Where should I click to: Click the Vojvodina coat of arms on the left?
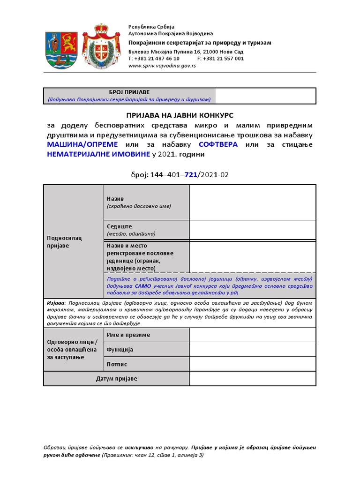(x=59, y=49)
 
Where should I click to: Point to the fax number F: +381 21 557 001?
(x=220, y=59)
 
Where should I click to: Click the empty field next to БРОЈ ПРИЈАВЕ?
(x=265, y=96)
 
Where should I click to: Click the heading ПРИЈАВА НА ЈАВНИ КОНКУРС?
(x=180, y=115)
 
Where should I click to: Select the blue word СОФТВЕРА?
(x=218, y=144)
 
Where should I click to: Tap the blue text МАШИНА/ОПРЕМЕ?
(x=82, y=144)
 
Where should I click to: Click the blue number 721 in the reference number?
(x=190, y=174)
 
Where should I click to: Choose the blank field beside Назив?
(x=252, y=202)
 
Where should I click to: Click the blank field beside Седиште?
(x=252, y=230)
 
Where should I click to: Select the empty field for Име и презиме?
(x=252, y=335)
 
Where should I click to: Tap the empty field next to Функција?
(x=252, y=349)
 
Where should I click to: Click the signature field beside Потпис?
(x=252, y=364)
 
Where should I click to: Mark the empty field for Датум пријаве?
(x=252, y=378)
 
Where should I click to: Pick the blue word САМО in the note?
(x=142, y=285)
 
